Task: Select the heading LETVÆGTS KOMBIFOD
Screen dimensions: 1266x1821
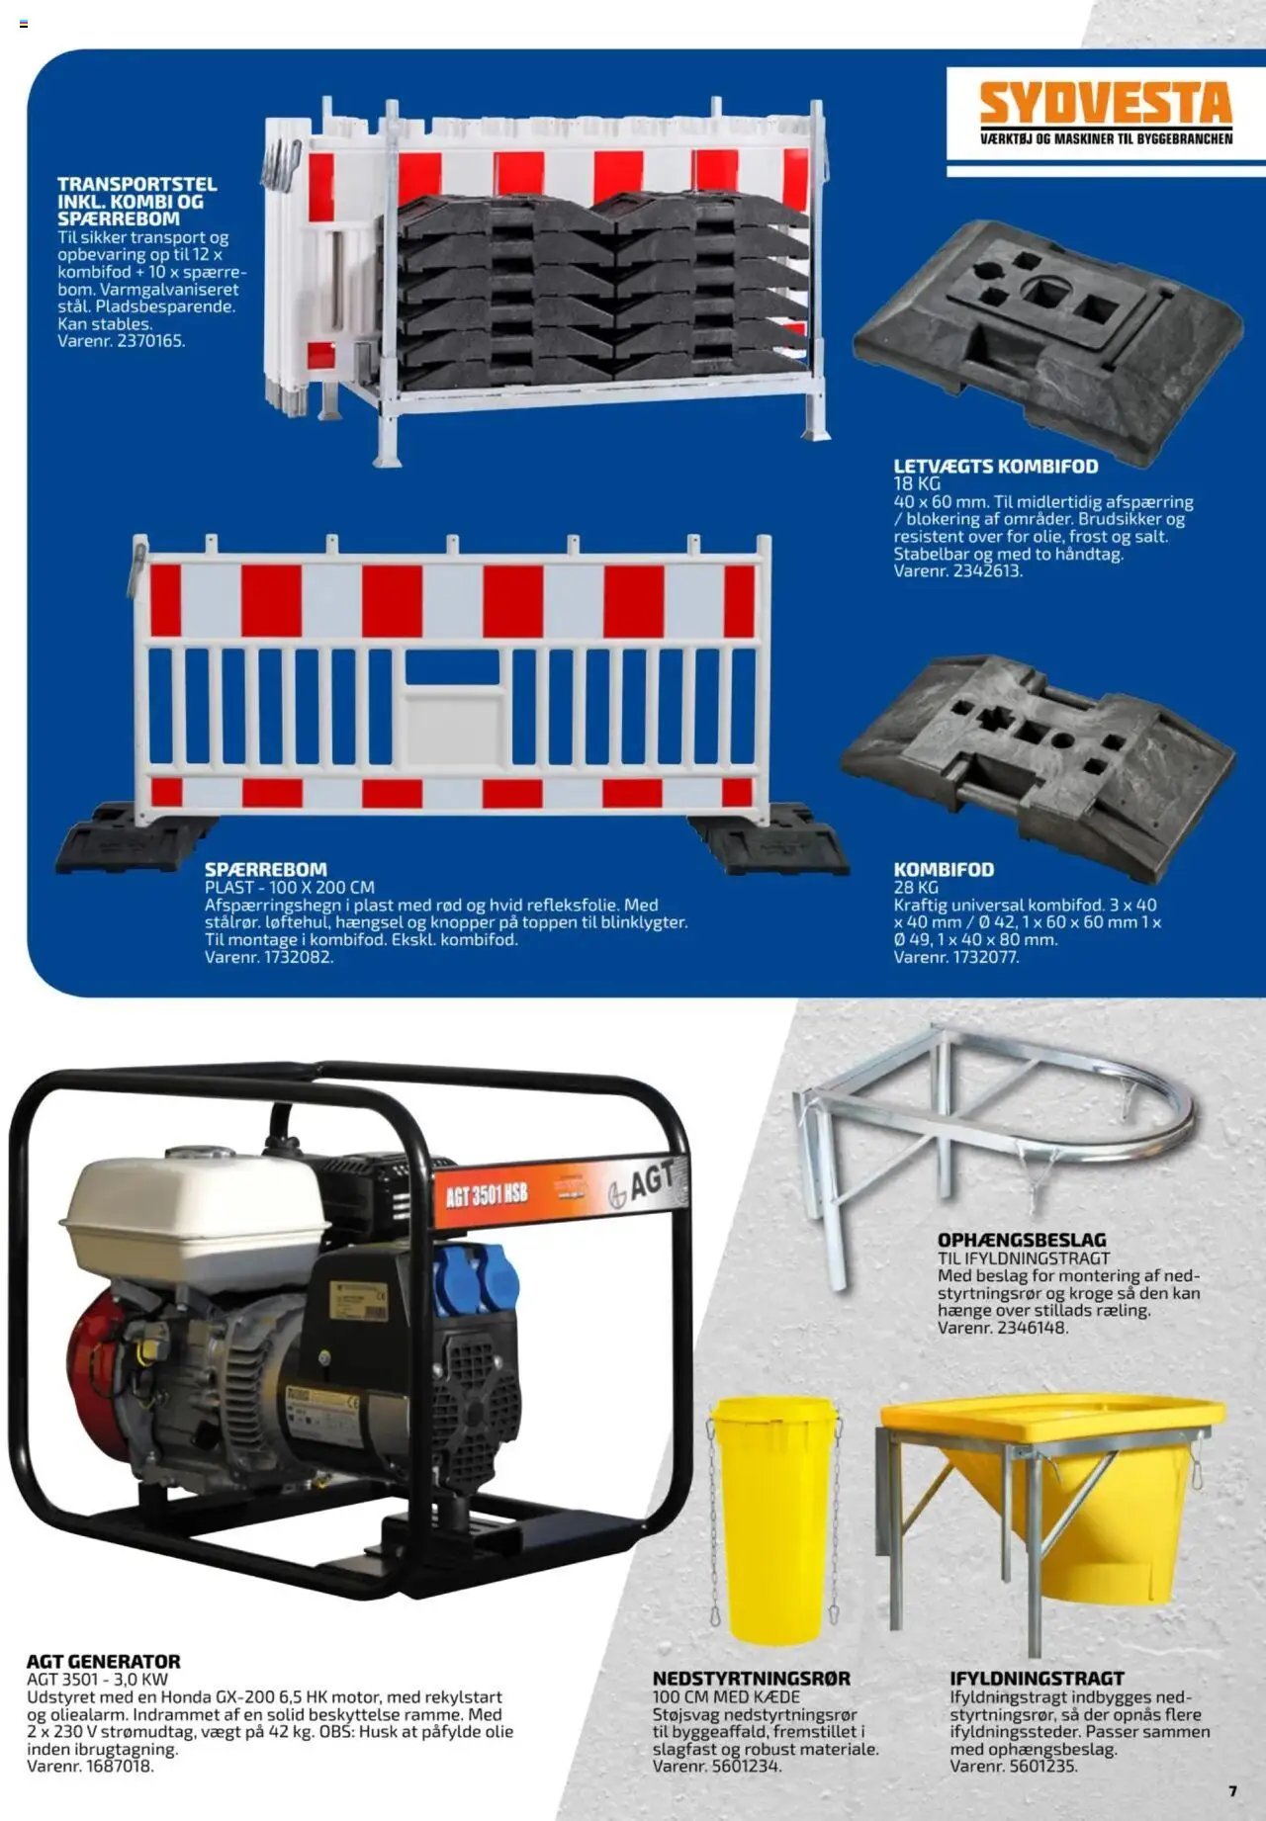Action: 996,466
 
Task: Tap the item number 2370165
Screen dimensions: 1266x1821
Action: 150,341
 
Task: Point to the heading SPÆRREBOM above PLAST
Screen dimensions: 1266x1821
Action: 266,870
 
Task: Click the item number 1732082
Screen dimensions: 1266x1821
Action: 299,957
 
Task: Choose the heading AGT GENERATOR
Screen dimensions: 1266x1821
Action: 104,1662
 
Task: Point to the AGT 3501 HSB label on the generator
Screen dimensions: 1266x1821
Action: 486,1195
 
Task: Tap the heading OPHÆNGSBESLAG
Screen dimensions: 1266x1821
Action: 1022,1240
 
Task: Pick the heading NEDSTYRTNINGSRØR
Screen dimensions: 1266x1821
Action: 752,1679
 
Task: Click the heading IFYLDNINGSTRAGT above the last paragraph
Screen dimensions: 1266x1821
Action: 1037,1679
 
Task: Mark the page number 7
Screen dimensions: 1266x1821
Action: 1232,1790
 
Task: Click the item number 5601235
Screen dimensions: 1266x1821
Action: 1042,1766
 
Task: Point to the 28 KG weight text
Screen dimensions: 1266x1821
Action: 916,888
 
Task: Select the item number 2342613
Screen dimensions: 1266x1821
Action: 987,570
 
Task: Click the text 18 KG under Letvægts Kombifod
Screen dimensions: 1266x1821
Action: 916,484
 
